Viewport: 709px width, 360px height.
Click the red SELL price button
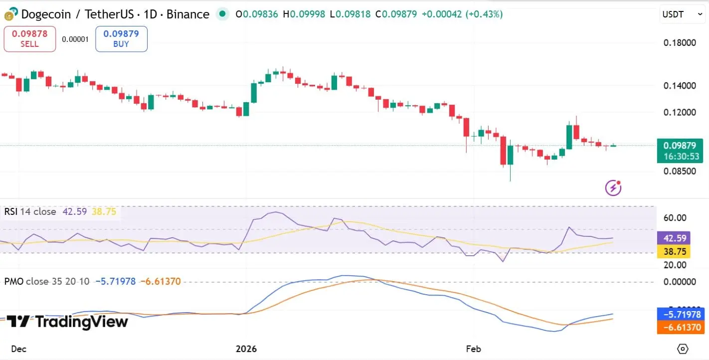pyautogui.click(x=29, y=39)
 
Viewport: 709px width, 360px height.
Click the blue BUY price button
pyautogui.click(x=121, y=39)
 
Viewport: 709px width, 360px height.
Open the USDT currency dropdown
pyautogui.click(x=682, y=14)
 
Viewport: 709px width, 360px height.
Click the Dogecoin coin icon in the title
pyautogui.click(x=10, y=14)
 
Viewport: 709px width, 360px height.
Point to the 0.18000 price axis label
pyautogui.click(x=680, y=43)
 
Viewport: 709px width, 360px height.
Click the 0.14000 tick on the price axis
pyautogui.click(x=680, y=86)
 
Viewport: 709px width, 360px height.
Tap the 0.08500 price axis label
pyautogui.click(x=680, y=172)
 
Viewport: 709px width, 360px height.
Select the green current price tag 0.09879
pyautogui.click(x=680, y=151)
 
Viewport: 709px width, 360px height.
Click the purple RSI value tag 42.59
pyautogui.click(x=673, y=238)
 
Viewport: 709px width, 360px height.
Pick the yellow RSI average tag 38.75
pyautogui.click(x=673, y=251)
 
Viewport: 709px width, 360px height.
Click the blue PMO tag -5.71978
pyautogui.click(x=680, y=315)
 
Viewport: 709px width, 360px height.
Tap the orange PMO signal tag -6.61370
pyautogui.click(x=680, y=328)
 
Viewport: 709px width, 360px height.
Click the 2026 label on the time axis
pyautogui.click(x=246, y=349)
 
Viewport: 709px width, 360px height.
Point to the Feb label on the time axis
pyautogui.click(x=473, y=349)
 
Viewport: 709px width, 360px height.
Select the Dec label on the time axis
pyautogui.click(x=18, y=349)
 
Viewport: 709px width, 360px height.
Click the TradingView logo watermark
pyautogui.click(x=67, y=322)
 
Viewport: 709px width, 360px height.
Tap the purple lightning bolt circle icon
pyautogui.click(x=613, y=187)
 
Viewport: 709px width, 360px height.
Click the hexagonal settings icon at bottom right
pyautogui.click(x=683, y=349)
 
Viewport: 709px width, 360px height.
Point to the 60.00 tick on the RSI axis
pyautogui.click(x=675, y=218)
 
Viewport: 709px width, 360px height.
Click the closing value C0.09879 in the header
pyautogui.click(x=396, y=14)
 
